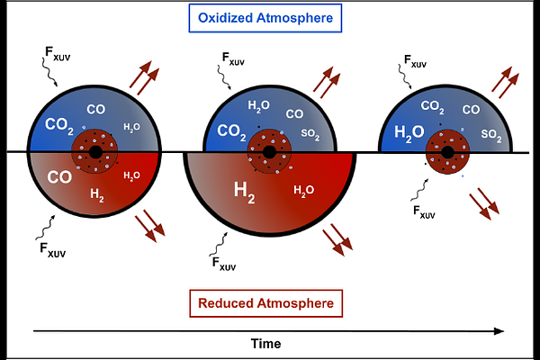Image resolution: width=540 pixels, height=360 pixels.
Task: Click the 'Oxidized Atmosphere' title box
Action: coord(265,18)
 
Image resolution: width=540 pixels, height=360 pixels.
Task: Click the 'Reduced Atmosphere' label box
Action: coord(265,303)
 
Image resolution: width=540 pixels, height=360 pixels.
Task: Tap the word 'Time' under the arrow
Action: coord(265,344)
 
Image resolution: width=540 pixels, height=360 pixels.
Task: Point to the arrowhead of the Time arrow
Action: coord(499,331)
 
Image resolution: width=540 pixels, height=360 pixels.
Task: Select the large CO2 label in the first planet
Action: coord(59,126)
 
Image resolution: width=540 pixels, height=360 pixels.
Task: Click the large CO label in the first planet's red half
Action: coord(59,177)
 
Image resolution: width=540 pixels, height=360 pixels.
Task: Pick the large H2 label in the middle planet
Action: coord(245,193)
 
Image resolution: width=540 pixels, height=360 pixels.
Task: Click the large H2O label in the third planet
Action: coord(409,133)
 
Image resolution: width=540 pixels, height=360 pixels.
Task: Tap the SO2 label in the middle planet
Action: coord(310,134)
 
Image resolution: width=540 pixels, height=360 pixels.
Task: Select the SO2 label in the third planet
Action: coord(491,135)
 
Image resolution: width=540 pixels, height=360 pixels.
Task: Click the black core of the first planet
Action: coord(95,152)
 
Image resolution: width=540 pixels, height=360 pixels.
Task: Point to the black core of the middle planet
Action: coord(269,152)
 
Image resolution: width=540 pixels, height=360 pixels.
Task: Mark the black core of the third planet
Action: coord(447,152)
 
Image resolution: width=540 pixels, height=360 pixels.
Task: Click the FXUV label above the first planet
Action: coord(58,54)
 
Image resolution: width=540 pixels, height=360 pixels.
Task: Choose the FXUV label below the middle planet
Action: coord(224,265)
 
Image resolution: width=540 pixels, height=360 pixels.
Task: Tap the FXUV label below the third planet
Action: coord(424,211)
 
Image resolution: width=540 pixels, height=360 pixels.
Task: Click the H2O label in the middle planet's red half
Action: coord(304,191)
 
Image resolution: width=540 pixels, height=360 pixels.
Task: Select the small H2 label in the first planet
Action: coord(97,195)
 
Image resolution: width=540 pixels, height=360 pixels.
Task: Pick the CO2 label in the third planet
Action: coord(432,107)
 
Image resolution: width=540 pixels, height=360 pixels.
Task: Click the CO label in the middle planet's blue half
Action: coord(294,114)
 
